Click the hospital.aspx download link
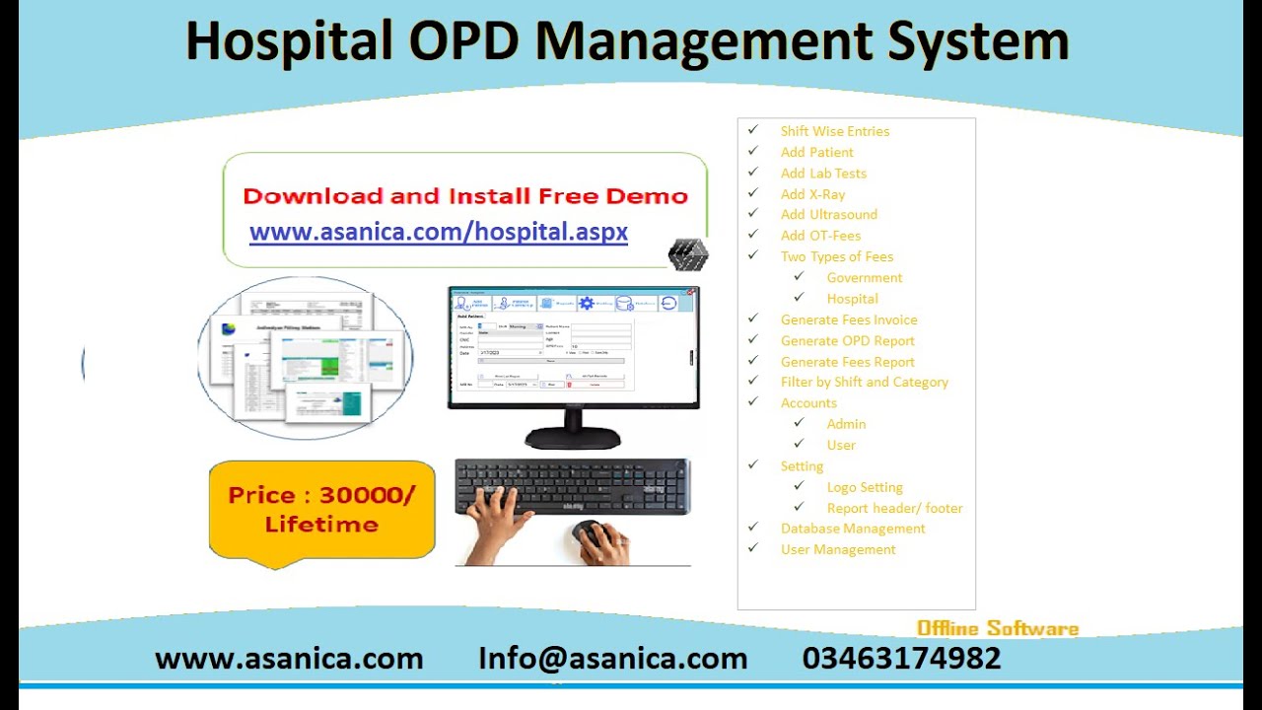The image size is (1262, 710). coord(439,232)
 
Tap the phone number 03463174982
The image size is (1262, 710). coord(901,659)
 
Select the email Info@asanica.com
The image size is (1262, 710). coord(612,659)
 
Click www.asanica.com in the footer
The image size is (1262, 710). coord(289,659)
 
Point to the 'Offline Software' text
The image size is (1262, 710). coord(997,629)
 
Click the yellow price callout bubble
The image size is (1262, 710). coord(321,510)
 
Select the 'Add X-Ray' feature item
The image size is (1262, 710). coord(812,194)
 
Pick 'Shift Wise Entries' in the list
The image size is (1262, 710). coord(834,131)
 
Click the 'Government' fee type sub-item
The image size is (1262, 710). coord(864,278)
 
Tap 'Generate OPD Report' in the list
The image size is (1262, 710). coord(847,341)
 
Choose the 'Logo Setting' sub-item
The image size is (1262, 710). coord(864,487)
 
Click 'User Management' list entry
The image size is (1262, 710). coord(838,549)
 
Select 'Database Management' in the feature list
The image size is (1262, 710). coord(853,529)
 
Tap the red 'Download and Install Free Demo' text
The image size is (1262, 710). coord(464,196)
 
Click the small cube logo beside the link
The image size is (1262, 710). coord(687,254)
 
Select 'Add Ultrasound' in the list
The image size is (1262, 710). coord(828,215)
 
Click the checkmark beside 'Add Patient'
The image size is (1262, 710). coord(753,152)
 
